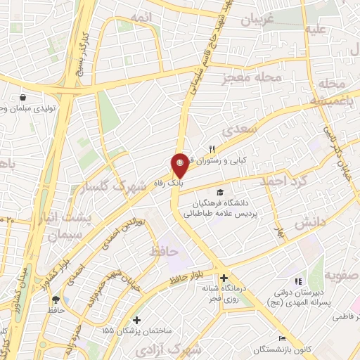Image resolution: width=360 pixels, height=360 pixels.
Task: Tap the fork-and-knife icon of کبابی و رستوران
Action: coord(211,149)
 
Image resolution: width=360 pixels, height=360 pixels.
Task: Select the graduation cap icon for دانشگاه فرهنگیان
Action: coord(220,192)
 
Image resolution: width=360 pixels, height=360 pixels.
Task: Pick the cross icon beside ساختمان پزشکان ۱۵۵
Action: coord(136,321)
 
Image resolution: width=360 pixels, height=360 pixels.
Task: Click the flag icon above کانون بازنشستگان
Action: coord(283,338)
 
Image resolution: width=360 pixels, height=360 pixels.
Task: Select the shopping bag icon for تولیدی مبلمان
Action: coord(24,98)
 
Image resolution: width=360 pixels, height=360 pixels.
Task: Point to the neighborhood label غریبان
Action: coord(257,20)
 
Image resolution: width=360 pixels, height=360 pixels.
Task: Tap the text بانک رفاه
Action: coord(189,181)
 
